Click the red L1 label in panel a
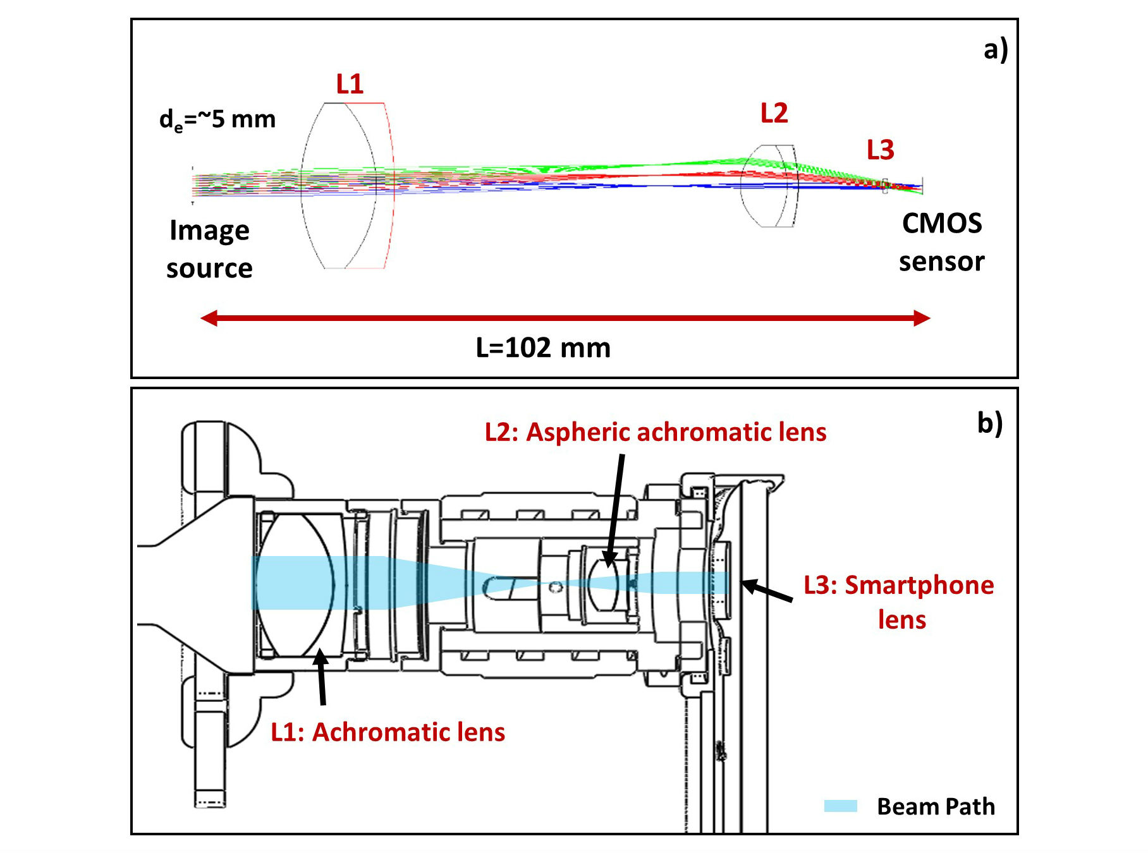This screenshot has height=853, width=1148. point(350,84)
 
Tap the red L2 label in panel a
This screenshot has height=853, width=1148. point(774,113)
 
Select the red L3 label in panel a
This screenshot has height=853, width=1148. point(880,150)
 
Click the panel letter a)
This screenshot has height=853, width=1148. point(996,49)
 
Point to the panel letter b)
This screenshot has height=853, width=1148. point(989,423)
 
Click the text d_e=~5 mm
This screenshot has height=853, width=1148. point(217,119)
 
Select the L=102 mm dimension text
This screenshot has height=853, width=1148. point(543,348)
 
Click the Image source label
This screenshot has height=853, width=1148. point(209,249)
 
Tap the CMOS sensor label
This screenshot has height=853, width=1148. point(941,242)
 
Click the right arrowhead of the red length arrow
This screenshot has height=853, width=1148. point(921,318)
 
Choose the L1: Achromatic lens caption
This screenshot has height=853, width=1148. point(388,732)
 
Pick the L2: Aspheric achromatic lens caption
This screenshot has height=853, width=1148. point(656,432)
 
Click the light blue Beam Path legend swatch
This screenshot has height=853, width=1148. point(840,806)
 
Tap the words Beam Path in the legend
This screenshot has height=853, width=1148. point(936,807)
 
